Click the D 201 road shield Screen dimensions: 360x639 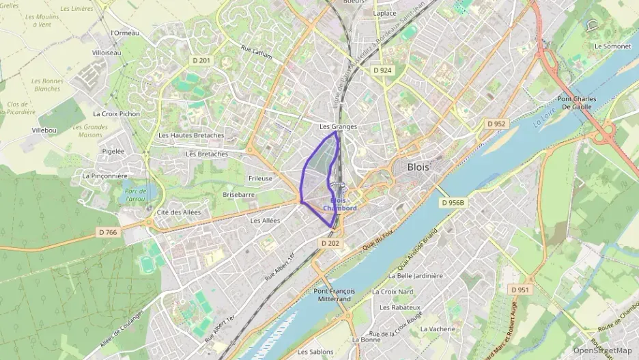point(203,61)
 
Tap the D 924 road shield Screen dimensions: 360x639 point(382,70)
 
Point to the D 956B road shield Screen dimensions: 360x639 point(452,203)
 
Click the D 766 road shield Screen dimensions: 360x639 point(108,233)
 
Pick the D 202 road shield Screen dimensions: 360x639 point(330,243)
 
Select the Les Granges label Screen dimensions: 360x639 point(338,127)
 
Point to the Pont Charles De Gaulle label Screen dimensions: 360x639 point(577,103)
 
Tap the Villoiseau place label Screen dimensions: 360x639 point(106,53)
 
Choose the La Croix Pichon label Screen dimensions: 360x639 point(116,114)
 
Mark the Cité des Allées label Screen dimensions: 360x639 point(179,212)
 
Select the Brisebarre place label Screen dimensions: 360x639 point(239,195)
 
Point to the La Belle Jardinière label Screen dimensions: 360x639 point(415,276)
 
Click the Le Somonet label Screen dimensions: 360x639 point(612,46)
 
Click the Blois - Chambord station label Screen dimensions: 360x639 point(340,204)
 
